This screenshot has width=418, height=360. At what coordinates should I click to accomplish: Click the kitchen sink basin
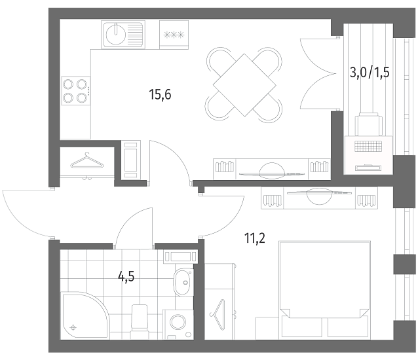click(115, 34)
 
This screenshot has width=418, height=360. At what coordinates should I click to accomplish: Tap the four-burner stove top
click(76, 91)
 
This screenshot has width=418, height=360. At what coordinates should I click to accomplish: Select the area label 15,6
click(160, 94)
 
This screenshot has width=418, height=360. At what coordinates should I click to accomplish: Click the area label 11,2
click(255, 238)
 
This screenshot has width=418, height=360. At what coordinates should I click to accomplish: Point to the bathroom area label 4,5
click(126, 277)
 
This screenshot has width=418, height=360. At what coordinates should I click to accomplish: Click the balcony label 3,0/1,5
click(370, 72)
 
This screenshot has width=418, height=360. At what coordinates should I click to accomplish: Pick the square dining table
click(244, 85)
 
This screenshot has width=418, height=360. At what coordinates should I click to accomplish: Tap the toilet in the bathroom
click(140, 318)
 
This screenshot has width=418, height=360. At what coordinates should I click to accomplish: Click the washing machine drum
click(178, 322)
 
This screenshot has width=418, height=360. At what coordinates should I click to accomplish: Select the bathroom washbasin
click(183, 282)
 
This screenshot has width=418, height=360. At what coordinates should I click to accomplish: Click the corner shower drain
click(73, 327)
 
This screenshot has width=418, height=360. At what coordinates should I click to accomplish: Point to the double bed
click(324, 290)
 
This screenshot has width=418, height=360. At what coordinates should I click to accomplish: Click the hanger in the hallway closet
click(86, 161)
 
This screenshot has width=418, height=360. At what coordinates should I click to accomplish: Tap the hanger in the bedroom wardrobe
click(218, 314)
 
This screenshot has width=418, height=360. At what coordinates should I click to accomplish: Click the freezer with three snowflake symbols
click(174, 35)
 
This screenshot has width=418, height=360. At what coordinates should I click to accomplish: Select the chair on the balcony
click(369, 124)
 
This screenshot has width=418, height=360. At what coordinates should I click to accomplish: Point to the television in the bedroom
click(319, 195)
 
